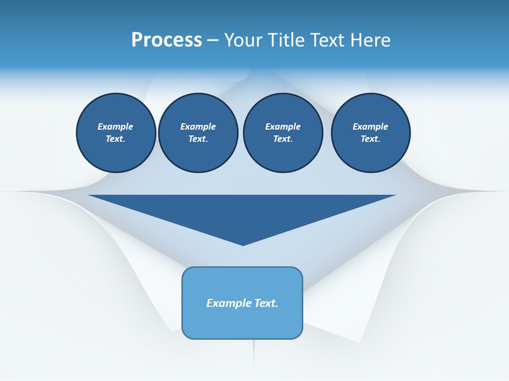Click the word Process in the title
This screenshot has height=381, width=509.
pos(166,40)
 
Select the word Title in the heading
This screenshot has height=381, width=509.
pos(287,40)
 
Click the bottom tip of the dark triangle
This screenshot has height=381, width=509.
pos(243,244)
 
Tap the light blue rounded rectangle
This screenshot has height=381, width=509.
pos(242,323)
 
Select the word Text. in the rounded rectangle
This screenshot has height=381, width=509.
pos(266,303)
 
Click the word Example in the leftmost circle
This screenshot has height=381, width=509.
pos(116,126)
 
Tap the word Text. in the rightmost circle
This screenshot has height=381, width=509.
pos(371,139)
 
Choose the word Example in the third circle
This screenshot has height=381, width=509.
pos(283,126)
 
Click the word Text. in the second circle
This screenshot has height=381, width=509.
pos(198,139)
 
